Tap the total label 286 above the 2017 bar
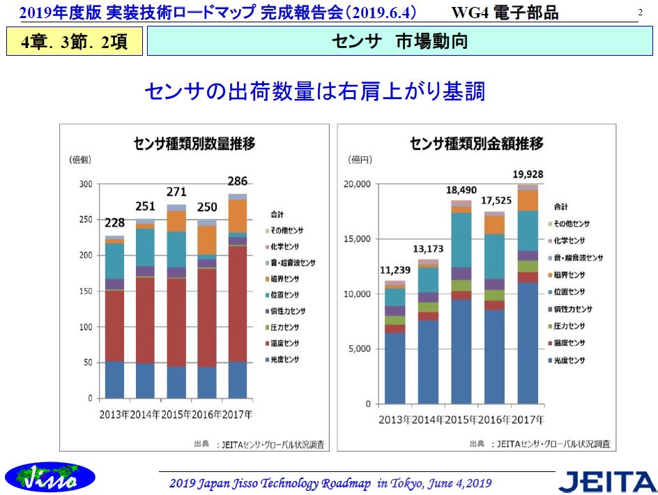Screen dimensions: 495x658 coord(238,181)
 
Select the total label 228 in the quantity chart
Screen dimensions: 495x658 coord(115,223)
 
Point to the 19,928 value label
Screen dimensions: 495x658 coord(528,174)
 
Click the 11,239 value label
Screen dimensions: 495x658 coord(395,271)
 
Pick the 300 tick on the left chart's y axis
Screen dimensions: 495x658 coord(85,184)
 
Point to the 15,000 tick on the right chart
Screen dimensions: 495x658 coord(357,239)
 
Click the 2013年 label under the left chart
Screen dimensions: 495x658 coord(114,414)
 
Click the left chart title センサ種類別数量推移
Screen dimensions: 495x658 coord(194,144)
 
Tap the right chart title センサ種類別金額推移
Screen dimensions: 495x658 coord(477,144)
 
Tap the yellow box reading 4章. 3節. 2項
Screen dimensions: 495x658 coord(74,42)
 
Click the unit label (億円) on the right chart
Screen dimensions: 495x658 coord(360,160)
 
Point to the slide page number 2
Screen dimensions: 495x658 coord(640,12)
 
